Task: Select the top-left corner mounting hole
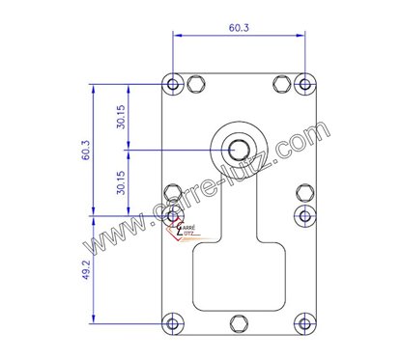(173, 84)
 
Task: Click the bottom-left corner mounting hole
(173, 322)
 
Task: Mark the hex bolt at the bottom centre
(238, 322)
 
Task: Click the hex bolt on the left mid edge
(173, 191)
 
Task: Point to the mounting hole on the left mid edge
(173, 213)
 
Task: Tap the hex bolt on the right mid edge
(302, 191)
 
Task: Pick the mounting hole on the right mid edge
(302, 213)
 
